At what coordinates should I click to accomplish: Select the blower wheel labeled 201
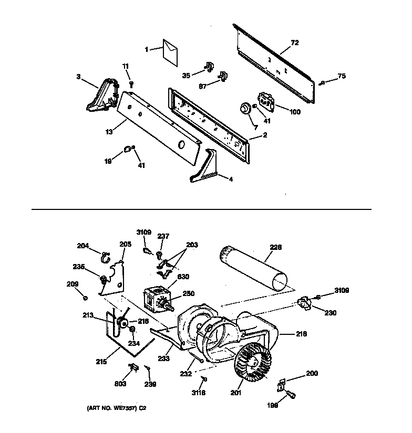pyautogui.click(x=254, y=362)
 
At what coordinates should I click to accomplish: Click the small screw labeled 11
pyautogui.click(x=131, y=83)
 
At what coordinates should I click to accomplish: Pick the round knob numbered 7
pyautogui.click(x=244, y=108)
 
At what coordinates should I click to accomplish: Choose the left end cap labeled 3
pyautogui.click(x=103, y=94)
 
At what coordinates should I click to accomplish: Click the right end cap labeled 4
pyautogui.click(x=205, y=167)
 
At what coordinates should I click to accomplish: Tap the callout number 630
pyautogui.click(x=183, y=277)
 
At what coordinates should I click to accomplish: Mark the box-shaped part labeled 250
pyautogui.click(x=155, y=299)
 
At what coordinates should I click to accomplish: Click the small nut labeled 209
pyautogui.click(x=85, y=298)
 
